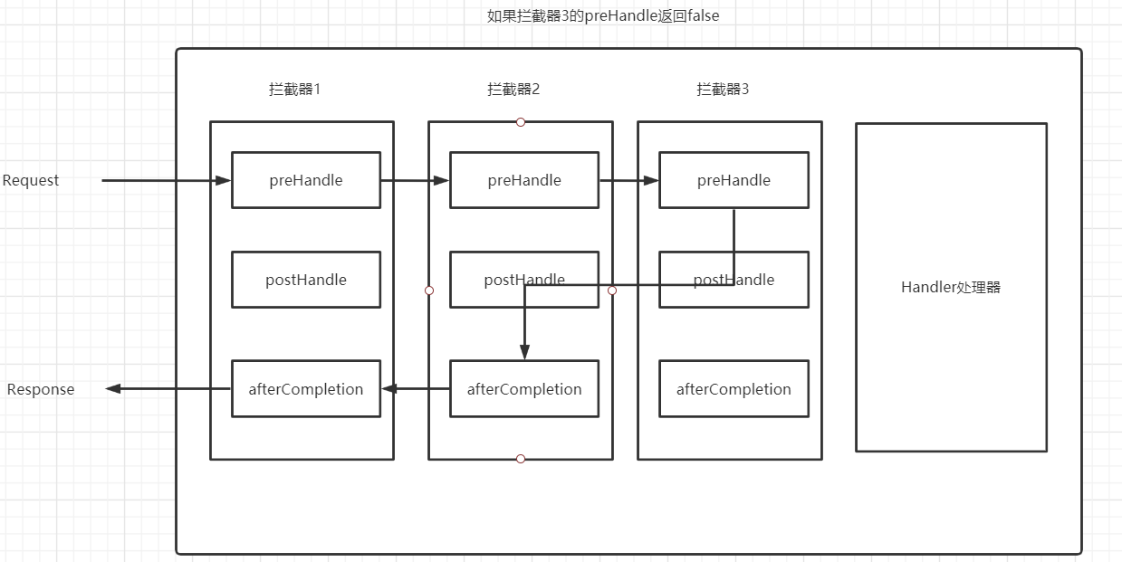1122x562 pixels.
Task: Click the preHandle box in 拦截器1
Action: pos(306,180)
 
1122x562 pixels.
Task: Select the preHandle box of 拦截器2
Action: pos(524,180)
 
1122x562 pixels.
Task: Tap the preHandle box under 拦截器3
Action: pos(734,180)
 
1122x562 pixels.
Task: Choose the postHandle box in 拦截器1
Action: pos(306,280)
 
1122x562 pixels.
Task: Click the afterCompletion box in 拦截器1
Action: pos(306,389)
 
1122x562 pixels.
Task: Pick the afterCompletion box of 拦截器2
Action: pos(524,389)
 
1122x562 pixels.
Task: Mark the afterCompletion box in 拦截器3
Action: pos(734,389)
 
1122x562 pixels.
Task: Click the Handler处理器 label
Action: pos(951,288)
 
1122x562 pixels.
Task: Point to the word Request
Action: pos(31,180)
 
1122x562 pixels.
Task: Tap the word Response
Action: pos(41,389)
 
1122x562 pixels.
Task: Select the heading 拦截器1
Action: pos(295,89)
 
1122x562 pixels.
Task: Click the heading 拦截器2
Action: pos(513,89)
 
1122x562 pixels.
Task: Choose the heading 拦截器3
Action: pos(723,89)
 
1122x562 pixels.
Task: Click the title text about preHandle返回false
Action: pos(603,15)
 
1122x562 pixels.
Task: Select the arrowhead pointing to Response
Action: pos(113,389)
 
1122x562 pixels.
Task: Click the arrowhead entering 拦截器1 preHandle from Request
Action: pos(225,180)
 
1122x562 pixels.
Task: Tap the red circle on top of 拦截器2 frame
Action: pos(521,122)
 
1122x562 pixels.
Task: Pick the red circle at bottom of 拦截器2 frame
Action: pos(521,459)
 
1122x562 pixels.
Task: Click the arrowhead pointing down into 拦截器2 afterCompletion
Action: pos(524,354)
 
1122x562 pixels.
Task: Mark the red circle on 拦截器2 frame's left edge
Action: pos(429,291)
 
